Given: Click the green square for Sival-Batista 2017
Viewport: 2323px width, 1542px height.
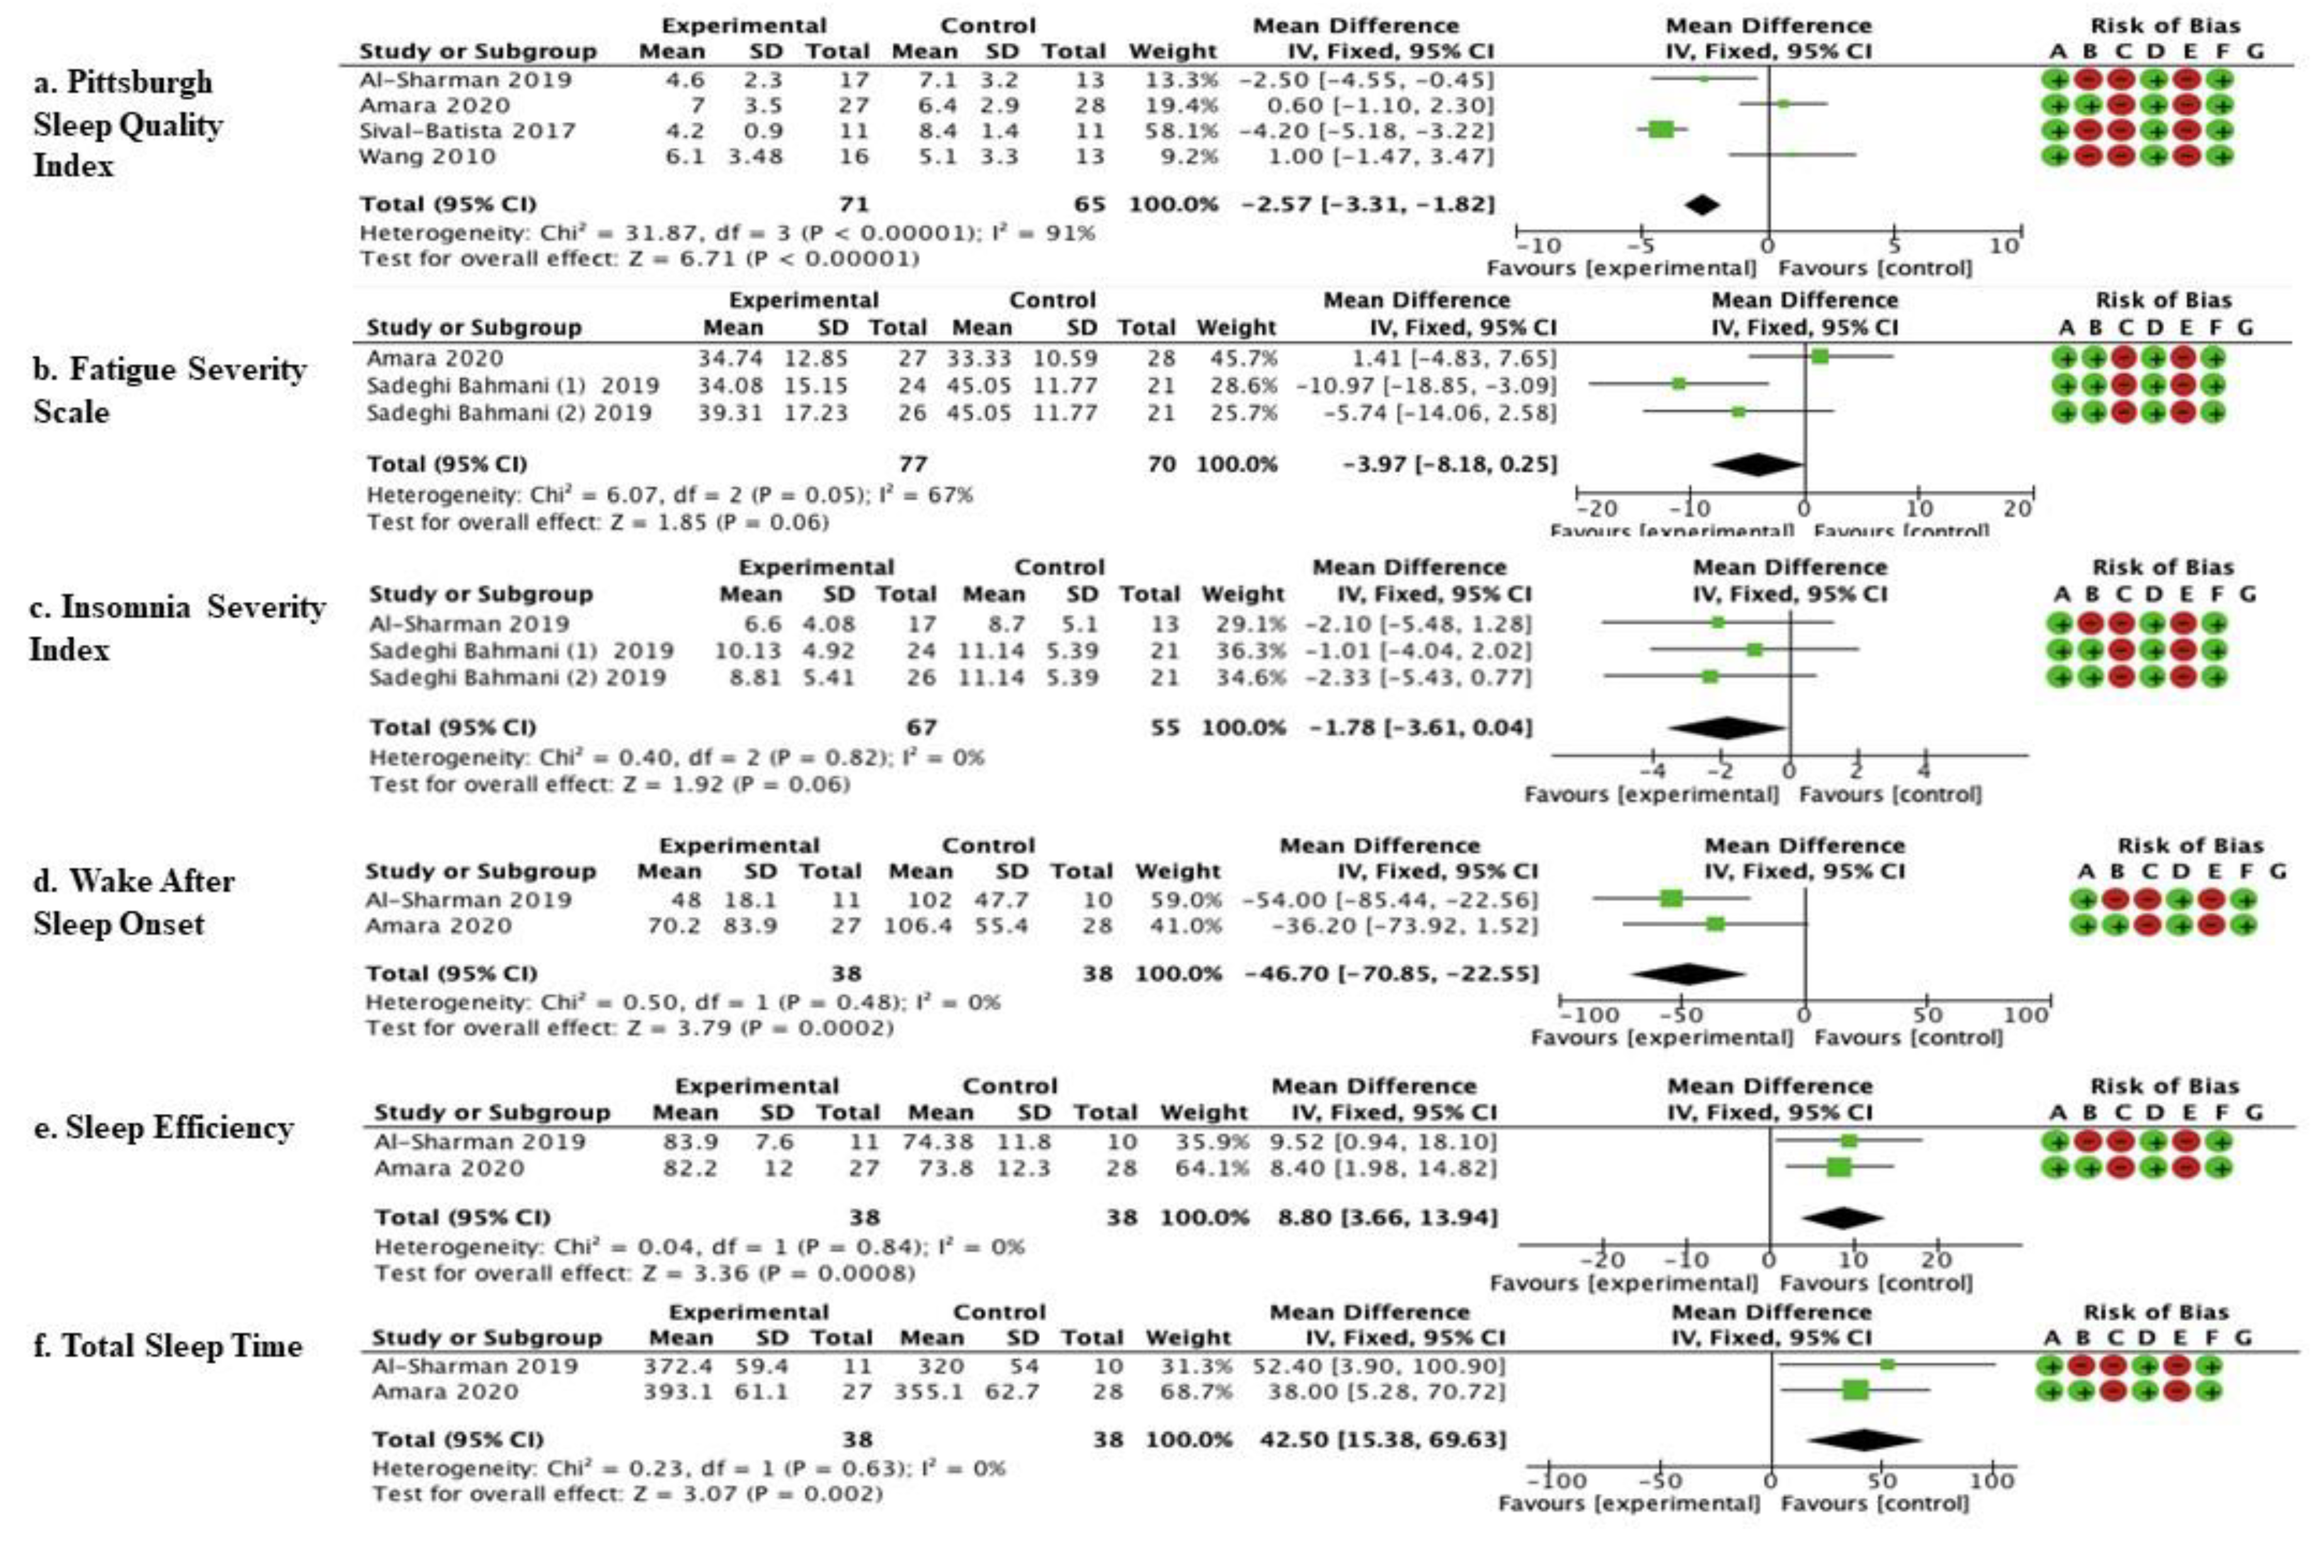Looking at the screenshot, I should (x=1660, y=129).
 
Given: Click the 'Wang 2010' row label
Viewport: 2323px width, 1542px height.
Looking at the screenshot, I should (x=427, y=156).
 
